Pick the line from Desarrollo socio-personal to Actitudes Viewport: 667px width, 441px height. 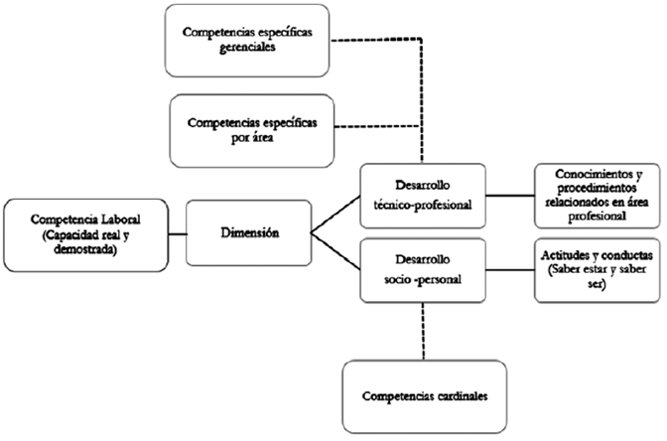(506, 268)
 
